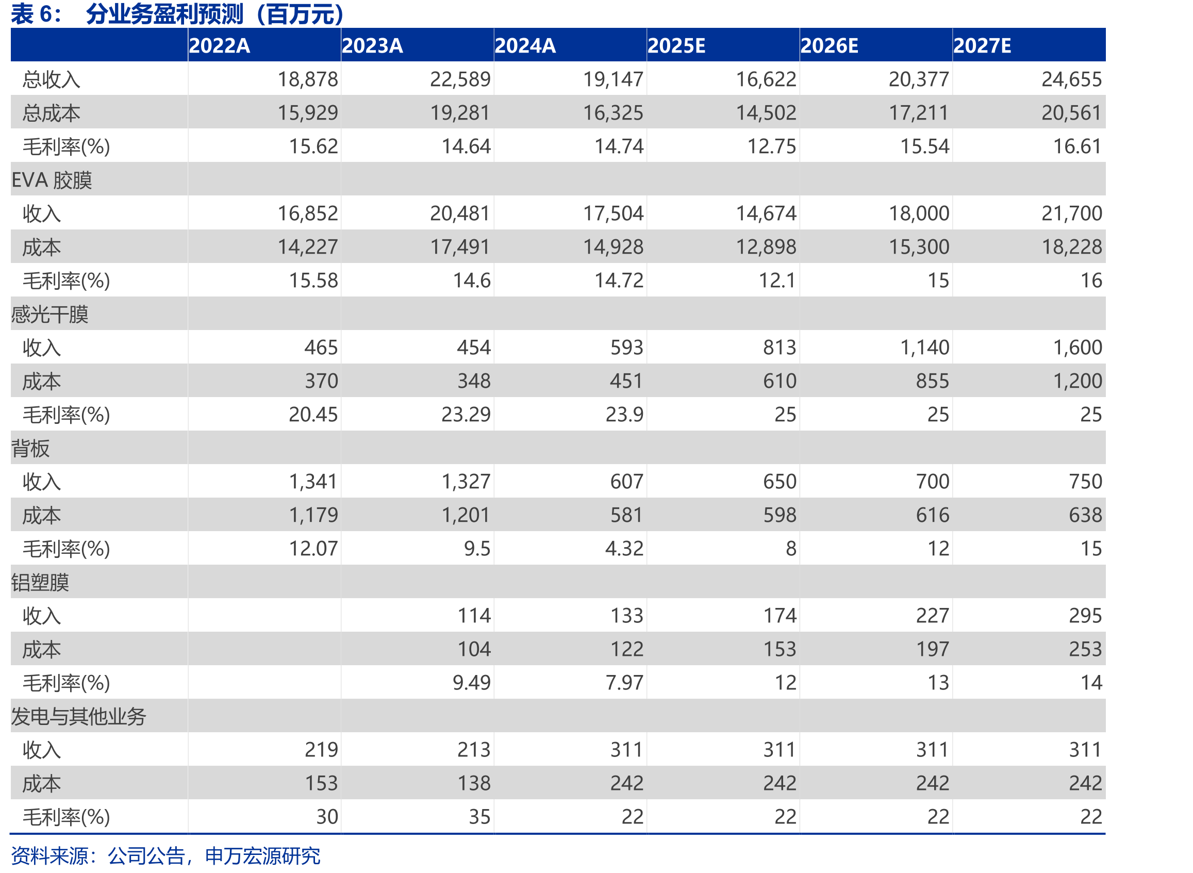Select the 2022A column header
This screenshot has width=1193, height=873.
pos(219,46)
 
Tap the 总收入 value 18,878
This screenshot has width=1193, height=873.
pos(307,79)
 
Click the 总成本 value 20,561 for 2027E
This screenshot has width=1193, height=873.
pos(1071,112)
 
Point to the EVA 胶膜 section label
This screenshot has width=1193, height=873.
pos(52,180)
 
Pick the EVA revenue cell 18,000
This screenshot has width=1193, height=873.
pos(919,213)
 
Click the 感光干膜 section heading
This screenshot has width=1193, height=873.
pos(49,315)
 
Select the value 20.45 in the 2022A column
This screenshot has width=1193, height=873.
pos(313,415)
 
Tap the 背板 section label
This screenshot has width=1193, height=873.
pos(30,449)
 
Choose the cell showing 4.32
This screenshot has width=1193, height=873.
pos(624,549)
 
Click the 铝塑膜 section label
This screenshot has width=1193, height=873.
pos(40,583)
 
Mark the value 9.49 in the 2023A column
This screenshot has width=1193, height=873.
pos(471,683)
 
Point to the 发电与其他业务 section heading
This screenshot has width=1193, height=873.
pos(78,717)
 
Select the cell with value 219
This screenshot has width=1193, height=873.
pos(321,750)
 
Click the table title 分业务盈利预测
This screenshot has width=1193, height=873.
pos(164,14)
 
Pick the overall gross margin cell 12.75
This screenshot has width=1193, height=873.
pos(771,146)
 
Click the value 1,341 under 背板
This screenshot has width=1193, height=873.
pos(313,482)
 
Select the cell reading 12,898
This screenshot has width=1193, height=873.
pos(766,248)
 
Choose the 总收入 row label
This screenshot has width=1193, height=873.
pos(51,80)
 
